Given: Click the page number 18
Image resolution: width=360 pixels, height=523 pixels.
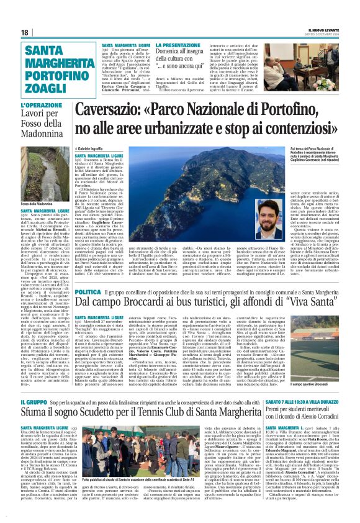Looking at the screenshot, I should pos(25,32).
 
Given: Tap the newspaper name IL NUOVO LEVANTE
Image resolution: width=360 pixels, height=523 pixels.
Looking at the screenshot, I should pos(323,29).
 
